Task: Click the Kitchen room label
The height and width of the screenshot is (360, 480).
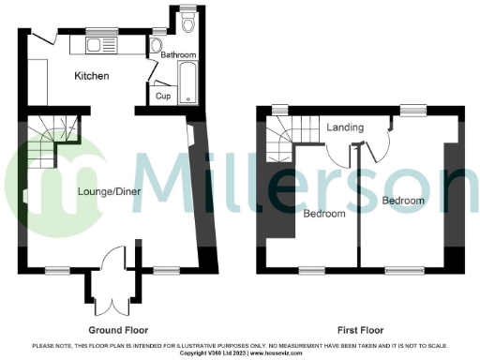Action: [92, 76]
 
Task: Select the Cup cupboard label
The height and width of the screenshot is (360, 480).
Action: [162, 96]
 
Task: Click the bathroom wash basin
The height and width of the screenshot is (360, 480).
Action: [157, 45]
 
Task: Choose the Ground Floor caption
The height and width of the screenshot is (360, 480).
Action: [117, 330]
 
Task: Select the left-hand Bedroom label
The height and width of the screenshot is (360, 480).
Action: [324, 214]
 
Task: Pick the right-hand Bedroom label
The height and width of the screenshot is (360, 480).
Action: [404, 201]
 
